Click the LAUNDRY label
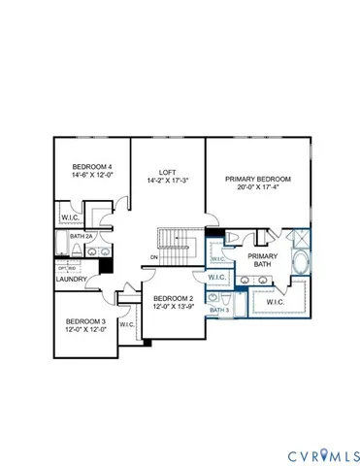pos(72,280)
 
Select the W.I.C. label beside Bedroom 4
pos(69,216)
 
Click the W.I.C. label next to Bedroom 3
pos(127,325)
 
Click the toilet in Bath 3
pos(223,300)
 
